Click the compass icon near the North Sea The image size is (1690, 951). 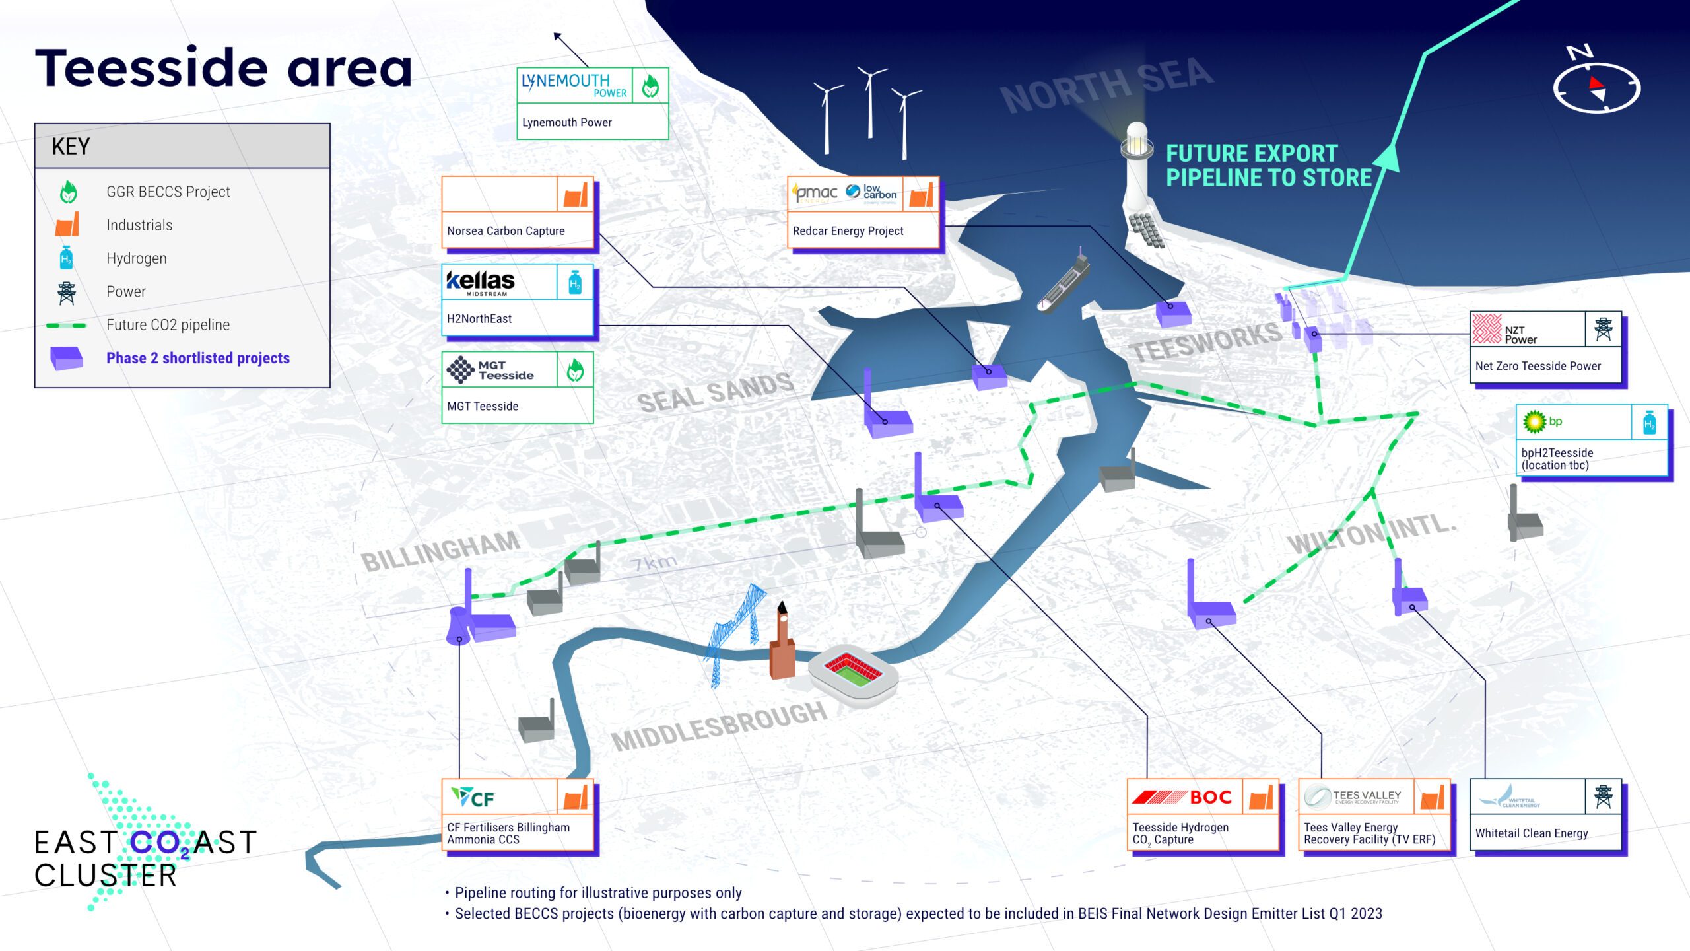pos(1596,86)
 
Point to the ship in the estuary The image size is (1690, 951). pos(1063,284)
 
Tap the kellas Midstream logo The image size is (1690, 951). pos(481,283)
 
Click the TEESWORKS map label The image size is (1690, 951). pos(1205,342)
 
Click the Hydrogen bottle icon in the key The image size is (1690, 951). pos(66,258)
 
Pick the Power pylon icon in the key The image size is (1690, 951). pos(66,292)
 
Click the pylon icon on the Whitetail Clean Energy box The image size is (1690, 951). pos(1603,797)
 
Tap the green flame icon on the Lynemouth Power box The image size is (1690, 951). pos(650,85)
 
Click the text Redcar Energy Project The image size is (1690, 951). pos(848,231)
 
